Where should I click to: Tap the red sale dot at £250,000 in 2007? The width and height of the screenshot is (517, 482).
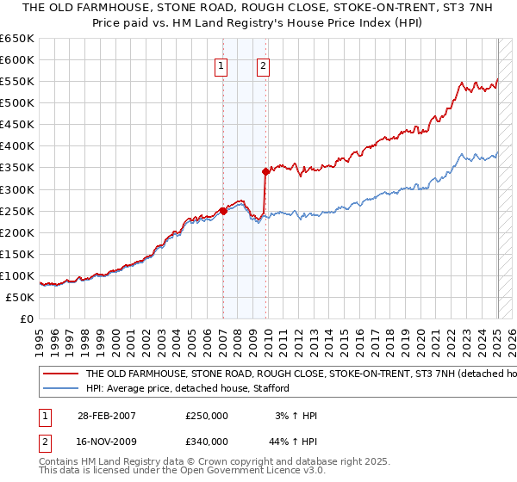[223, 210]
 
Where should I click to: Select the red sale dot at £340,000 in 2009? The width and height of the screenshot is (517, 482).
[265, 171]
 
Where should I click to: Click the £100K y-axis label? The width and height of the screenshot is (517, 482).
[18, 275]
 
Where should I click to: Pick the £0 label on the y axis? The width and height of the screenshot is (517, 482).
[26, 318]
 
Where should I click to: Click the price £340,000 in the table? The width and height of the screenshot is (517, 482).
[207, 442]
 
